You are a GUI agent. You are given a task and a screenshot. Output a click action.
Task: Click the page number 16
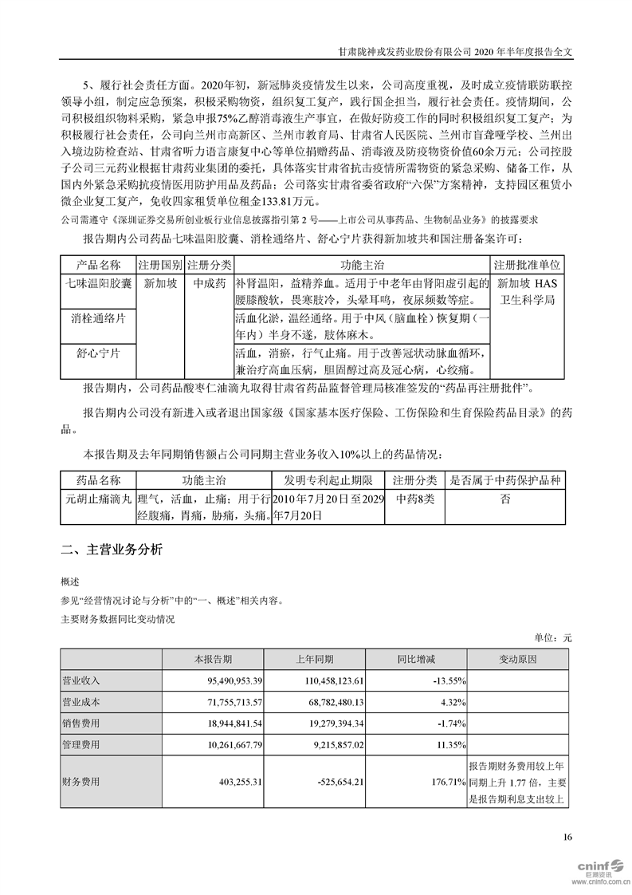pyautogui.click(x=567, y=837)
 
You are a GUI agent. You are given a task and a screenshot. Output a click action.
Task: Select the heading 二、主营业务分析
pyautogui.click(x=112, y=550)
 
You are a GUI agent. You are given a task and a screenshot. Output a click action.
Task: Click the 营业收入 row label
pyautogui.click(x=82, y=680)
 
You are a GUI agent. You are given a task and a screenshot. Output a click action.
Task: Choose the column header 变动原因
pyautogui.click(x=517, y=660)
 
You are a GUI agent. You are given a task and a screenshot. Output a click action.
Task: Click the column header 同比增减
pyautogui.click(x=416, y=660)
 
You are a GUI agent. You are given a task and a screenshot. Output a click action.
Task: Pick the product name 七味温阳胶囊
pyautogui.click(x=99, y=282)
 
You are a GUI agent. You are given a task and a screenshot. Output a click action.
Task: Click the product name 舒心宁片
pyautogui.click(x=99, y=353)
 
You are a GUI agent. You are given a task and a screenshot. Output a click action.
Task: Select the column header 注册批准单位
pyautogui.click(x=529, y=264)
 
